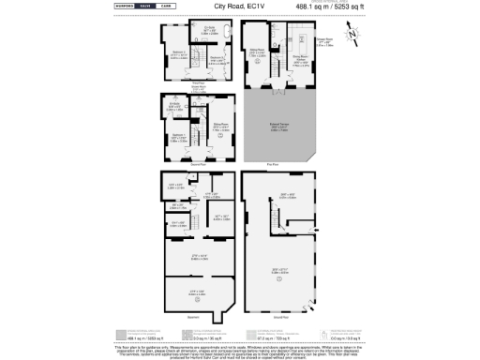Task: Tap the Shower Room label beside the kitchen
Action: coord(325,41)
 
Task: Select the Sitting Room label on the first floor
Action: coord(255,51)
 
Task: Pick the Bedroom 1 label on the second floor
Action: coord(177,137)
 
